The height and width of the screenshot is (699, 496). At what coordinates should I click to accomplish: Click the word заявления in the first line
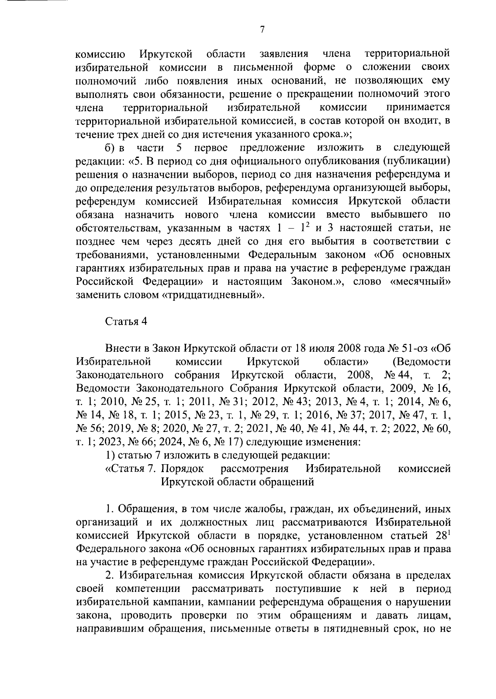coord(284,54)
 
